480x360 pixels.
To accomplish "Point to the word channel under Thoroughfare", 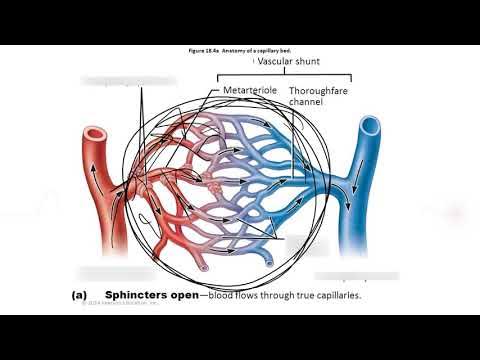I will [x=306, y=102].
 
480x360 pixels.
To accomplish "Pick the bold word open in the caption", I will [x=185, y=296].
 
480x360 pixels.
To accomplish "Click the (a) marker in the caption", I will [x=79, y=296].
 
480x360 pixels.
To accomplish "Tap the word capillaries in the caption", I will [x=330, y=296].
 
